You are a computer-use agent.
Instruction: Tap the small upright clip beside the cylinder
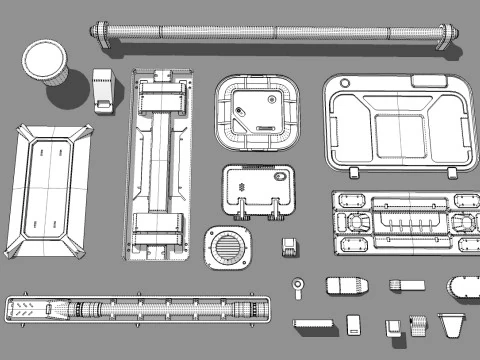click(103, 89)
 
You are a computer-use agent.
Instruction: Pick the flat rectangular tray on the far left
click(50, 185)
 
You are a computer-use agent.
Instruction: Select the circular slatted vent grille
click(228, 248)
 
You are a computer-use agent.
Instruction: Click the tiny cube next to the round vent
click(290, 246)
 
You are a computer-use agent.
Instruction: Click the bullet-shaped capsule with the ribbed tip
click(348, 287)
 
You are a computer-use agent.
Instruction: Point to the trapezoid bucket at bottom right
click(452, 324)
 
